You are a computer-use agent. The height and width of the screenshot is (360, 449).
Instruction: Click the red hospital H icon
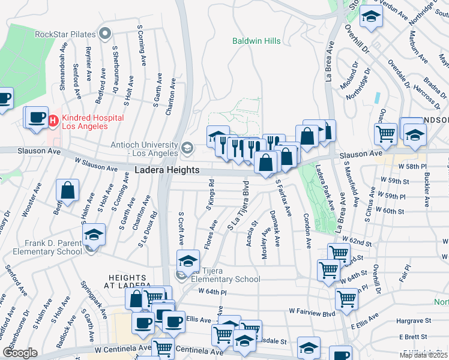(x=53, y=121)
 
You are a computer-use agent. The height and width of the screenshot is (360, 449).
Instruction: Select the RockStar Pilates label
(x=66, y=33)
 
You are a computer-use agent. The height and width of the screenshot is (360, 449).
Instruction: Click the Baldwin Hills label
(x=256, y=41)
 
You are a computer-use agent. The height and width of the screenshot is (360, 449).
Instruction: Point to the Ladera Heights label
(x=166, y=170)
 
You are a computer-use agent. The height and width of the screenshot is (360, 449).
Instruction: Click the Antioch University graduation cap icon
(x=187, y=147)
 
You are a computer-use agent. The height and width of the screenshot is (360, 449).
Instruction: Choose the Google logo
(x=20, y=353)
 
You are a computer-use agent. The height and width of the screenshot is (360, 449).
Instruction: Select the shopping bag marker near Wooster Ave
(x=68, y=190)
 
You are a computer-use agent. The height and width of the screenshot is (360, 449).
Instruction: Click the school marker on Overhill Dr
(x=371, y=17)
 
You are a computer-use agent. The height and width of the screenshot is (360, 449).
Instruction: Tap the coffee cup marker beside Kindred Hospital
(x=36, y=116)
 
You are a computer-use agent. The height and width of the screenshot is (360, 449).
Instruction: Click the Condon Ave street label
(x=307, y=231)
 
